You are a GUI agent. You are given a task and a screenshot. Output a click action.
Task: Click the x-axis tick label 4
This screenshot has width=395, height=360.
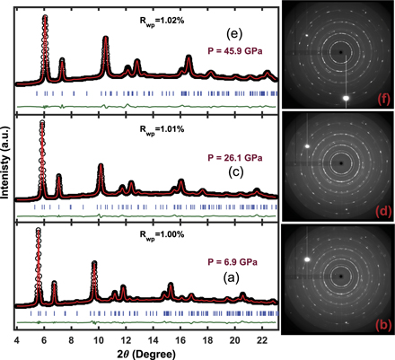(x=16, y=341)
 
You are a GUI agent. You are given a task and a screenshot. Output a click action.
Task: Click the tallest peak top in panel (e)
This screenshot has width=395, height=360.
(x=46, y=18)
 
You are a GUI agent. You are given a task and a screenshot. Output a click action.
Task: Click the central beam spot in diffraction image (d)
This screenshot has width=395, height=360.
(x=342, y=162)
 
